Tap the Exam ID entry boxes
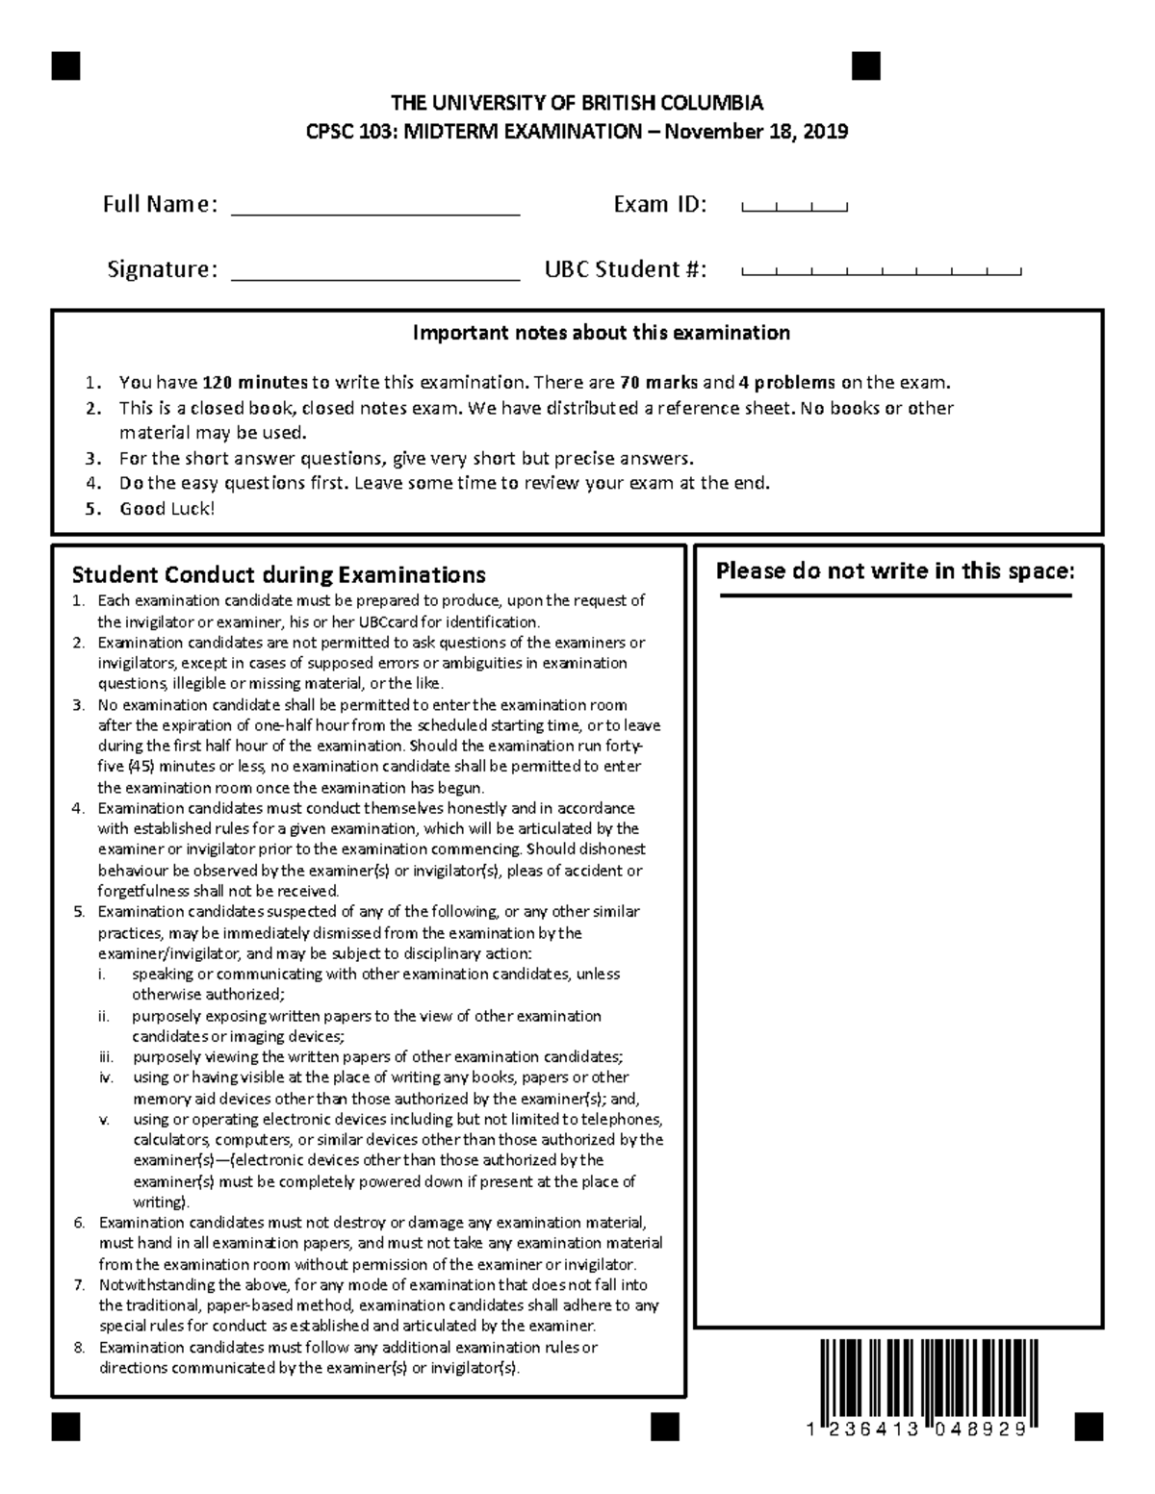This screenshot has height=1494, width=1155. (794, 206)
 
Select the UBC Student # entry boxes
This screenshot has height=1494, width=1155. (881, 271)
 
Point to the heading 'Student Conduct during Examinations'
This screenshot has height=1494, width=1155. (278, 575)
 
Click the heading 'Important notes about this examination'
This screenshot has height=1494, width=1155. (601, 333)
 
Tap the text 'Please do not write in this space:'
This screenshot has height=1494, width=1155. (894, 571)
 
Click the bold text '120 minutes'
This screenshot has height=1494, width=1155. (255, 382)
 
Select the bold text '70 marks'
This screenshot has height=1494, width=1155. (659, 382)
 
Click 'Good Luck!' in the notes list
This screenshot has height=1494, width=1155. (167, 509)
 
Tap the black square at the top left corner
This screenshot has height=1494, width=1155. (66, 65)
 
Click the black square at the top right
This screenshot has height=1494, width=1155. (866, 65)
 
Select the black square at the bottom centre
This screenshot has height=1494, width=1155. (665, 1427)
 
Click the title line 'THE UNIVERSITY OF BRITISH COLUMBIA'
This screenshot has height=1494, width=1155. (576, 104)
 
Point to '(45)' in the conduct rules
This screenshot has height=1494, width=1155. (141, 767)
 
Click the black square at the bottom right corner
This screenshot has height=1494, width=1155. (1089, 1427)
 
